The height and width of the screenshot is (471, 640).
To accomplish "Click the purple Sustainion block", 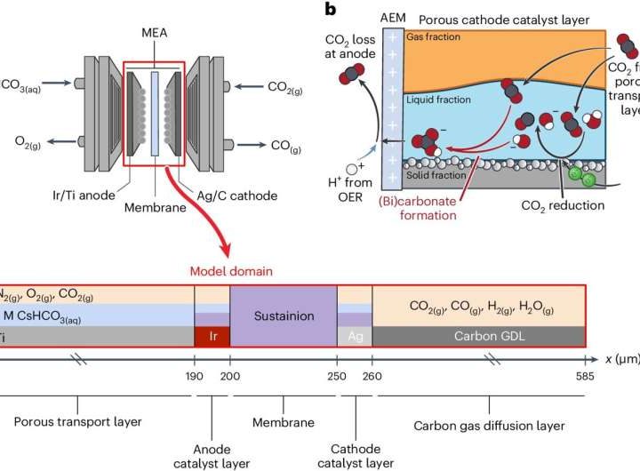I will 284,315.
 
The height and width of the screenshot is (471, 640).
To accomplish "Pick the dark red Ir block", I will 212,337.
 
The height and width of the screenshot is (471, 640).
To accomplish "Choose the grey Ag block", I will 355,337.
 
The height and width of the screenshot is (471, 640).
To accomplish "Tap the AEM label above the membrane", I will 392,19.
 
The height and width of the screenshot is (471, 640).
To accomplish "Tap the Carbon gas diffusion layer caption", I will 489,426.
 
